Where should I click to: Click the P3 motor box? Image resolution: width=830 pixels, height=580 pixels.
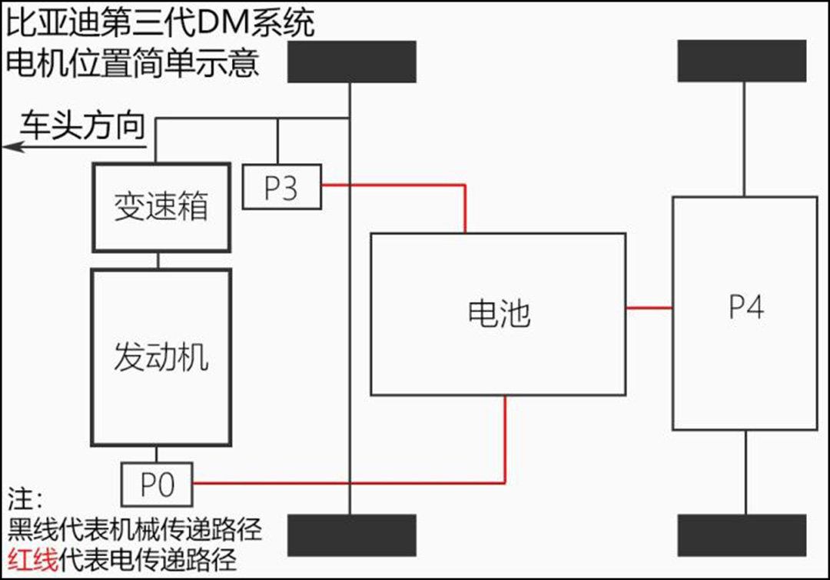[x=281, y=187]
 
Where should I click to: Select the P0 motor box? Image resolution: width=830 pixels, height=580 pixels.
[x=157, y=483]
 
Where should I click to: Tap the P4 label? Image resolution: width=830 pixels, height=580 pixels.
[x=745, y=308]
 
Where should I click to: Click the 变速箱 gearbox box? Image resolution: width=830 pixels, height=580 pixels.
[x=161, y=207]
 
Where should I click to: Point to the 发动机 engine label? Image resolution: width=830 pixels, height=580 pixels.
[x=161, y=358]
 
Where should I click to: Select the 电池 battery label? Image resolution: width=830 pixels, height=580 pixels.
[x=499, y=314]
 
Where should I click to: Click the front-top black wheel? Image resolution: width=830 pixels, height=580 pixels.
[x=351, y=62]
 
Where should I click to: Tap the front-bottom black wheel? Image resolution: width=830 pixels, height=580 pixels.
[x=351, y=535]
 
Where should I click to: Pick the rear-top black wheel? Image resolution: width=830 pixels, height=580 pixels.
[x=742, y=61]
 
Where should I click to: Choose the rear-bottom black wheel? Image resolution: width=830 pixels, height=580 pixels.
[x=742, y=535]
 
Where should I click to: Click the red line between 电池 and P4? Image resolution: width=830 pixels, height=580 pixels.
[x=649, y=308]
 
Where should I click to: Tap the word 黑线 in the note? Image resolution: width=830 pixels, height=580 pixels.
[x=32, y=530]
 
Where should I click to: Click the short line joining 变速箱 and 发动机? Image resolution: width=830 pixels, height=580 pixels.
[x=158, y=260]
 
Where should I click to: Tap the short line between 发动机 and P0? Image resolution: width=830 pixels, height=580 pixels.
[x=157, y=454]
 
